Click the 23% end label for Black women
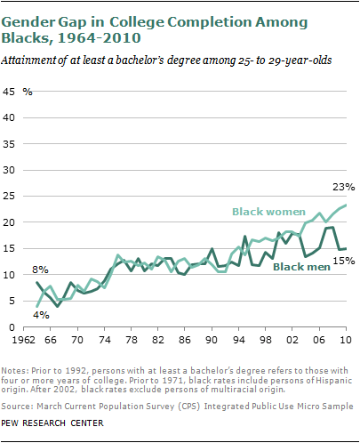click(343, 187)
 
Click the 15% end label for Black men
click(344, 261)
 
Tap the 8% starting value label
click(40, 270)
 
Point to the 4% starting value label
click(41, 315)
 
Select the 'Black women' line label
click(268, 212)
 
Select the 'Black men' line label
click(301, 267)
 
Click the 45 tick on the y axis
click(9, 92)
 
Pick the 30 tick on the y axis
click(9, 170)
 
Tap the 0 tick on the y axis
click(12, 327)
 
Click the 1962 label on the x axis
click(23, 340)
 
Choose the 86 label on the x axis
click(185, 340)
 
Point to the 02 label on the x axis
click(292, 340)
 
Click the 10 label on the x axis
click(346, 340)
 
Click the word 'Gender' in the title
click(28, 22)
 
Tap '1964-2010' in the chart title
click(99, 38)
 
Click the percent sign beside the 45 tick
click(28, 92)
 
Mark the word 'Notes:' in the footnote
click(15, 371)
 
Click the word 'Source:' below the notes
click(17, 407)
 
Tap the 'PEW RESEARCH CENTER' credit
click(52, 423)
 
